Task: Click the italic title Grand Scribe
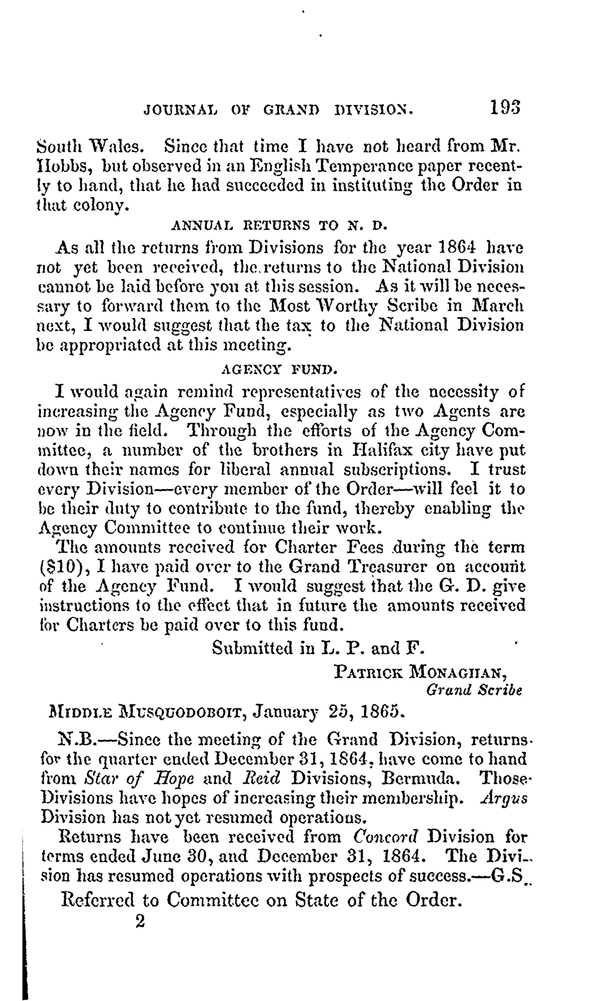pos(474,690)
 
